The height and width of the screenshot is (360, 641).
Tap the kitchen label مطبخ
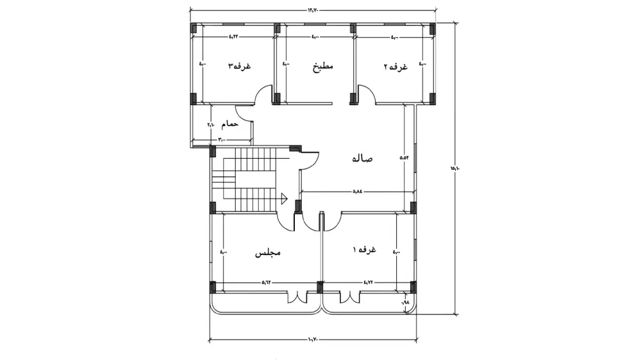(x=323, y=66)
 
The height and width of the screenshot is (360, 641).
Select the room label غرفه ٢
(x=395, y=66)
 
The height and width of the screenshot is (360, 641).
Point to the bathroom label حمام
(x=229, y=123)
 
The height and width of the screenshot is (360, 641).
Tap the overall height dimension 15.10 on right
(x=454, y=168)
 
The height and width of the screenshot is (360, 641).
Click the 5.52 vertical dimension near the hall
(x=404, y=157)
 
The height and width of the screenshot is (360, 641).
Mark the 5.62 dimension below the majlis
(x=267, y=282)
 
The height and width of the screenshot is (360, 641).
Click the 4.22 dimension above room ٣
(x=234, y=37)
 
